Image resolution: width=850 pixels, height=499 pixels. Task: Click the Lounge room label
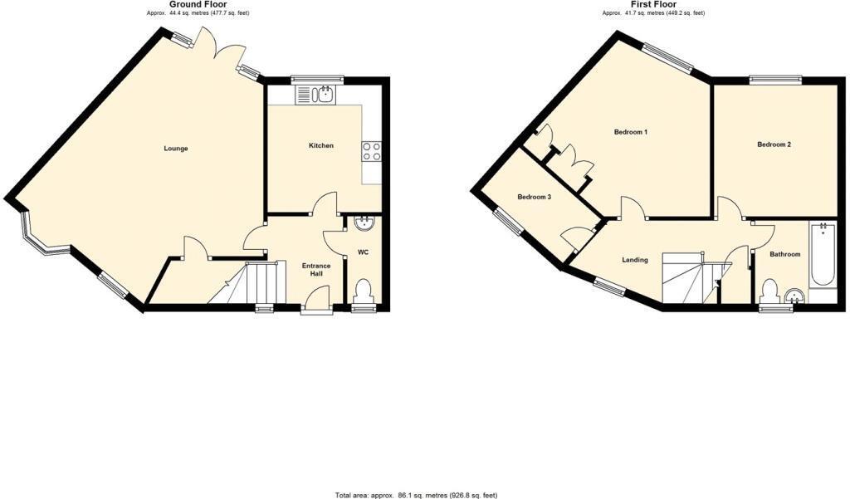(176, 149)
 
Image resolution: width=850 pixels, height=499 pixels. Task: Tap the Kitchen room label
(321, 145)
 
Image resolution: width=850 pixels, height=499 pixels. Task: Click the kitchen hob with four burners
(371, 151)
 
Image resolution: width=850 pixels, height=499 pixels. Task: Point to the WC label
(364, 252)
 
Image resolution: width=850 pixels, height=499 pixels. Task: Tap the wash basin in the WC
(364, 223)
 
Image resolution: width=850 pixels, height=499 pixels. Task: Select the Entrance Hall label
(316, 270)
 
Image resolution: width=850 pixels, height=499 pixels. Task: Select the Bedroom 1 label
(631, 132)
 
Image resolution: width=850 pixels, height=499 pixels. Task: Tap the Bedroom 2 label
(774, 144)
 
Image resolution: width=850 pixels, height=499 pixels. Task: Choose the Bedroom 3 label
(534, 197)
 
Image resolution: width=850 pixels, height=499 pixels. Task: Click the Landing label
(635, 260)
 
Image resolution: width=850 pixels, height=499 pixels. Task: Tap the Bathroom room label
(784, 254)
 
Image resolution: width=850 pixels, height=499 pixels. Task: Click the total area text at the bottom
(417, 495)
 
